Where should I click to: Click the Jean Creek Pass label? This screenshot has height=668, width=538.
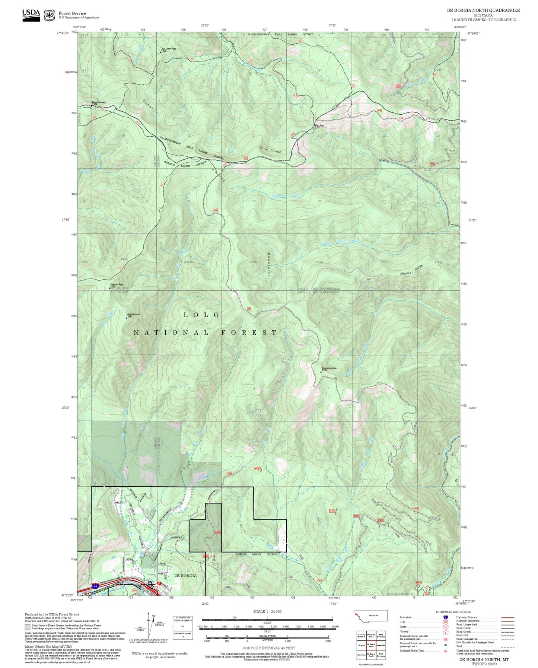(x=168, y=49)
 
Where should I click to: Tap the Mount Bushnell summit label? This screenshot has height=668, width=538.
(x=99, y=102)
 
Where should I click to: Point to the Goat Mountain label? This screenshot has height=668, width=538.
(x=133, y=315)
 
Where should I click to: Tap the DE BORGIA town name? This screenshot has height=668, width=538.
(x=185, y=575)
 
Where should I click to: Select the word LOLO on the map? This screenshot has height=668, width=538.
(x=202, y=315)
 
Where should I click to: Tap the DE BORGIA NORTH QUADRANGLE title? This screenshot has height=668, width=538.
(x=483, y=10)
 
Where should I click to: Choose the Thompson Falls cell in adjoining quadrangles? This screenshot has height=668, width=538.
(x=371, y=636)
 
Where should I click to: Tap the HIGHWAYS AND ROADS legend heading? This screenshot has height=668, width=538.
(x=453, y=612)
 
